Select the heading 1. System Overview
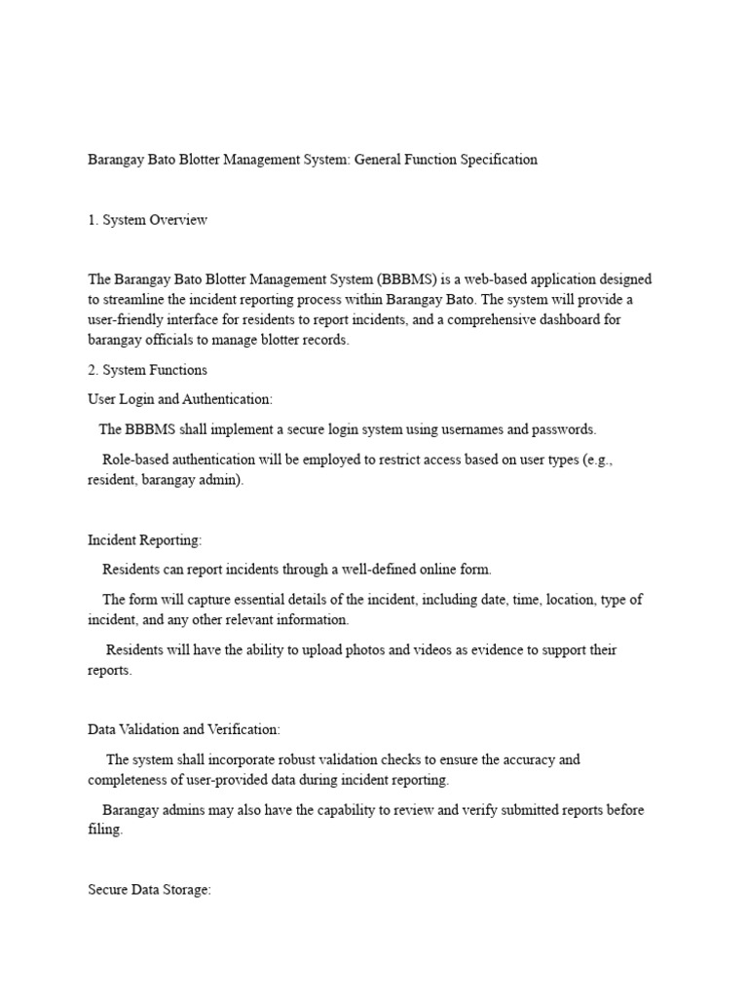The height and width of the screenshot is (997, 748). (147, 220)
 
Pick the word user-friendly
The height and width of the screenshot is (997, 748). (129, 320)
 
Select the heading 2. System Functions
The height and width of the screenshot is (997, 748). (147, 370)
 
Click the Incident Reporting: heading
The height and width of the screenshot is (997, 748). (145, 539)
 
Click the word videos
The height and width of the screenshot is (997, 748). (433, 649)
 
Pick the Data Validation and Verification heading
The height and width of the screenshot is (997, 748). (184, 729)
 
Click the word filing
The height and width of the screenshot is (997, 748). (105, 830)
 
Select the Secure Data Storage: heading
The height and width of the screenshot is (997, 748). (149, 890)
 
